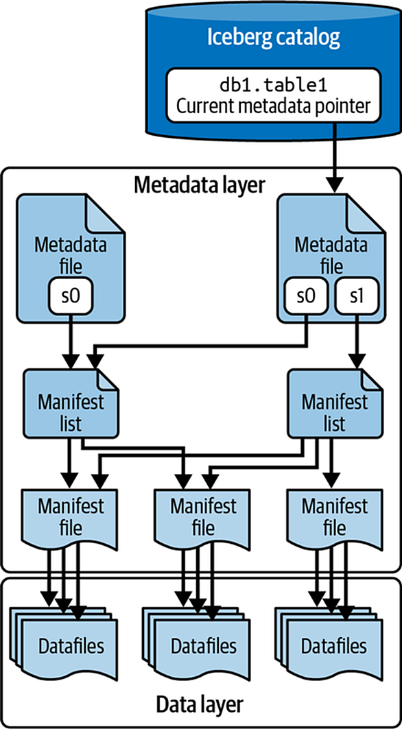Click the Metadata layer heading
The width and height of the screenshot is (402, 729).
point(199,185)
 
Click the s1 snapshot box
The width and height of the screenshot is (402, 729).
point(356,296)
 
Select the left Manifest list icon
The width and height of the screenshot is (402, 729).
point(71,403)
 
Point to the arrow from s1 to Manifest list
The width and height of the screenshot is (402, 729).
point(356,340)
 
